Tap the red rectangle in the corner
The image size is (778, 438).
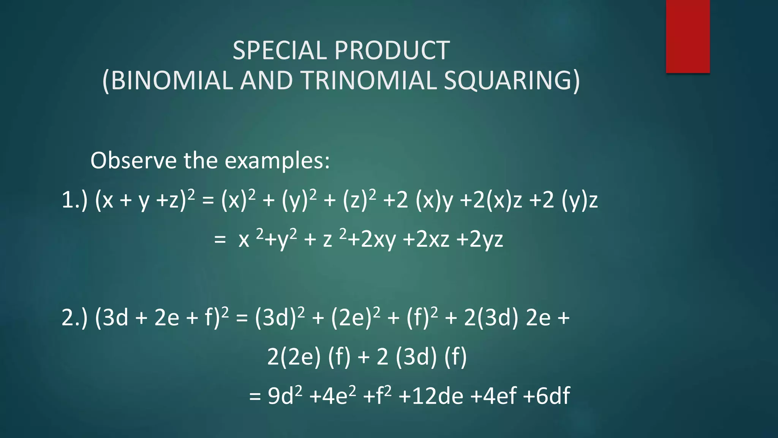pyautogui.click(x=688, y=36)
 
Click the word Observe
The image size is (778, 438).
pyautogui.click(x=133, y=160)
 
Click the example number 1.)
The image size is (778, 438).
pyautogui.click(x=74, y=200)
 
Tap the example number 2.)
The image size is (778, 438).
pyautogui.click(x=74, y=318)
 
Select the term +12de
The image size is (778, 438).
pyautogui.click(x=431, y=396)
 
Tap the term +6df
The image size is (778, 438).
pyautogui.click(x=546, y=396)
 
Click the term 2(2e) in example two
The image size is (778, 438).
pyautogui.click(x=294, y=357)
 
